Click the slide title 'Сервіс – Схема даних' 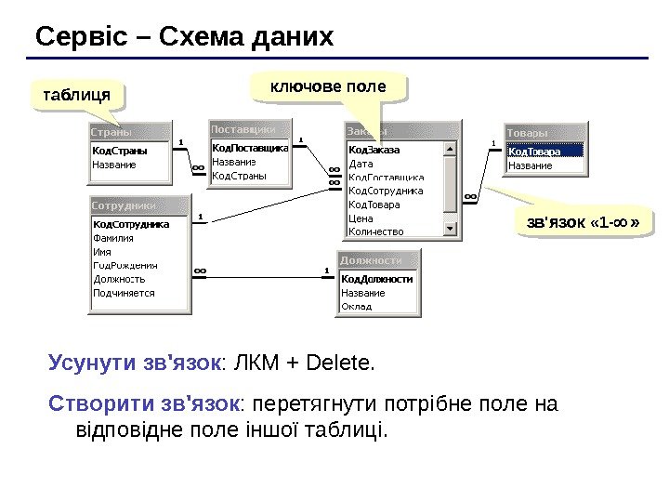(184, 37)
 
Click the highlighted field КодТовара (535, 152)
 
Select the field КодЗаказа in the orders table (374, 150)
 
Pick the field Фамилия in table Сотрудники (114, 238)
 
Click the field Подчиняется (124, 293)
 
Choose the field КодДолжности (376, 279)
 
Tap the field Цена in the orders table (361, 218)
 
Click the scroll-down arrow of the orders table (451, 228)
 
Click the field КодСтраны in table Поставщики (240, 175)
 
